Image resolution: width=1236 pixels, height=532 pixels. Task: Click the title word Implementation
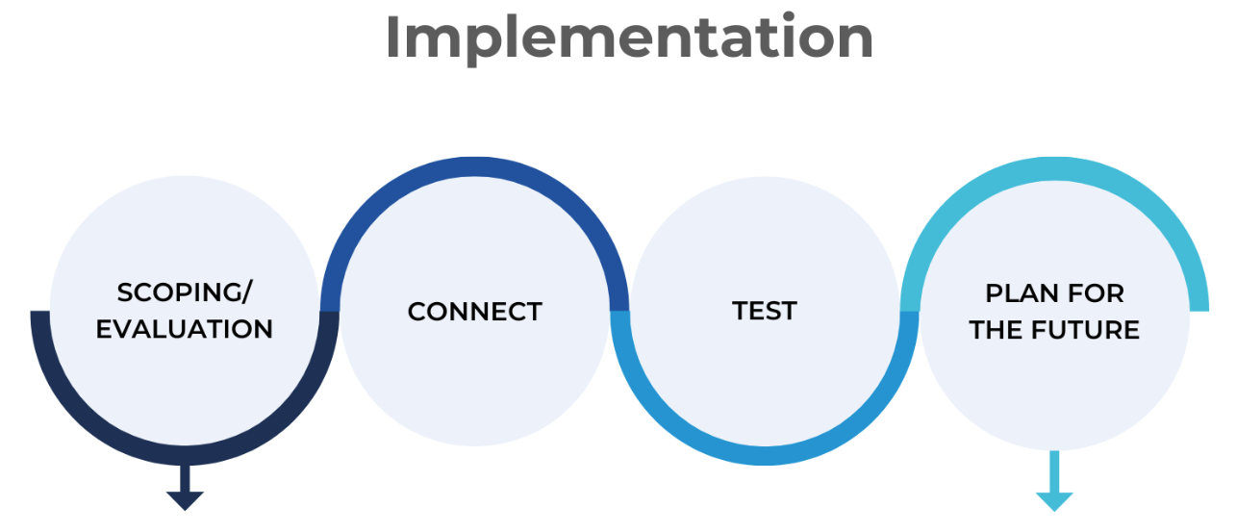click(629, 38)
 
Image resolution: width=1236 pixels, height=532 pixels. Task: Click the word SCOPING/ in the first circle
click(185, 292)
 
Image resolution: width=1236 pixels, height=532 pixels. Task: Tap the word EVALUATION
click(185, 329)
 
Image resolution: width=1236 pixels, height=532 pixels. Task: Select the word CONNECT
click(474, 312)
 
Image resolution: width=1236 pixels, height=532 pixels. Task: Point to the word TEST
click(765, 312)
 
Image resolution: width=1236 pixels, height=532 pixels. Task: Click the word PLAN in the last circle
click(1020, 293)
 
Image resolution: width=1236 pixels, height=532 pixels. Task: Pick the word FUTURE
click(1085, 330)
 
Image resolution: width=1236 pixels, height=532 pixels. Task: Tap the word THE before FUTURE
click(996, 330)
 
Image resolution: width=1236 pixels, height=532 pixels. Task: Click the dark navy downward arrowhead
click(185, 500)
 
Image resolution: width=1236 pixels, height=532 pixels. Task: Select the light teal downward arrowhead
click(1054, 501)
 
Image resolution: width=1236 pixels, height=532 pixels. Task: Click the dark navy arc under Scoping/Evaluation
click(185, 455)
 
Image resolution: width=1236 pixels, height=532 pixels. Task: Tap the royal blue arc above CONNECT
click(474, 166)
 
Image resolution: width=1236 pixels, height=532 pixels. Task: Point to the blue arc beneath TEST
click(765, 455)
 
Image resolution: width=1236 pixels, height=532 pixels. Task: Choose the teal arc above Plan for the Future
click(1054, 168)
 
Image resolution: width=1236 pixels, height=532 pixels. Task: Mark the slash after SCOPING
click(246, 292)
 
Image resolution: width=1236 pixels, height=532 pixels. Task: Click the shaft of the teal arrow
click(1054, 471)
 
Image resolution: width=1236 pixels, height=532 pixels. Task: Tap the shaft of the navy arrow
click(185, 478)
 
